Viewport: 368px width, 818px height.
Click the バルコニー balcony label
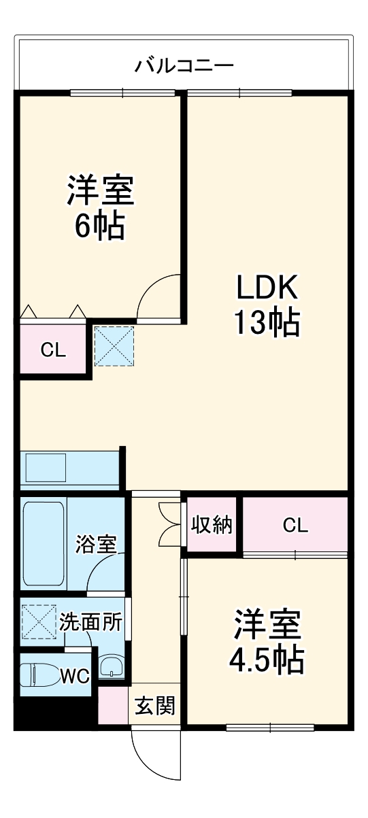[x=184, y=67]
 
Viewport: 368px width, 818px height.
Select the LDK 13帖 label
[x=267, y=304]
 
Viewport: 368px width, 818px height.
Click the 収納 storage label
[x=211, y=525]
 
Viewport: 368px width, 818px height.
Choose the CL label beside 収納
[x=295, y=525]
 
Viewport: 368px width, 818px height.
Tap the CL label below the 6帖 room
[x=53, y=351]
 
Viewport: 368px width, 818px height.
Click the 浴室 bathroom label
[x=96, y=544]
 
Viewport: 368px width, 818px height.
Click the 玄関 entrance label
[x=154, y=706]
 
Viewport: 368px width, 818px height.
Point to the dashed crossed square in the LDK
[x=114, y=345]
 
